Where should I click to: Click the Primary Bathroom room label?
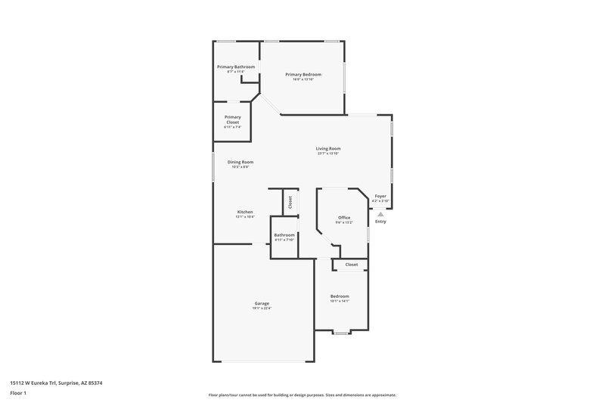[236, 67]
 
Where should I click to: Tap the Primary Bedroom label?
[303, 74]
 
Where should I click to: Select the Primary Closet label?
[232, 119]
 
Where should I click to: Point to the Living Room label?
[328, 148]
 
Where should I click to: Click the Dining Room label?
[240, 162]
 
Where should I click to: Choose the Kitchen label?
[244, 212]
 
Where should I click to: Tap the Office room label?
[344, 218]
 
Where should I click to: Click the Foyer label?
[380, 196]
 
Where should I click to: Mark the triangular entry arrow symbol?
[380, 214]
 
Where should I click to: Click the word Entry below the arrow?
[380, 222]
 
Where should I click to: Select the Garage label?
[262, 303]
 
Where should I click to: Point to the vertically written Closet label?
[290, 202]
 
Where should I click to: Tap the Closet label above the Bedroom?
[352, 265]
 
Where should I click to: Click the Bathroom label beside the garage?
[284, 235]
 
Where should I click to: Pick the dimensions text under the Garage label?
[262, 308]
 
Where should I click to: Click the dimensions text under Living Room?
[328, 153]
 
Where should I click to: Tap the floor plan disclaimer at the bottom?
[302, 395]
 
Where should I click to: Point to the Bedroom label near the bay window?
[340, 296]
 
